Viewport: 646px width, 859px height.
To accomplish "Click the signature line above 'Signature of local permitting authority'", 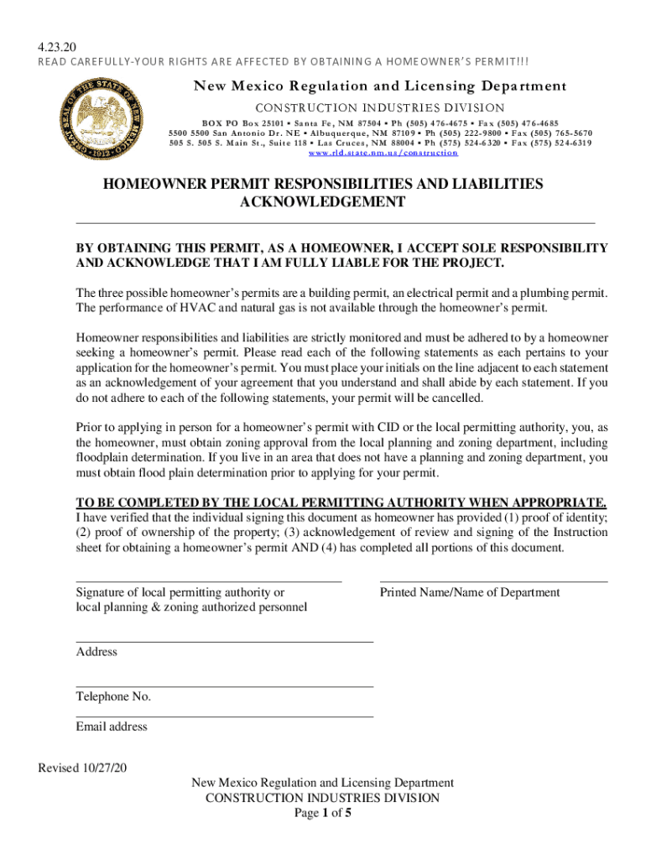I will [208, 580].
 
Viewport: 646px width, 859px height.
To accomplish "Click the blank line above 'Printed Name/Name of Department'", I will [493, 580].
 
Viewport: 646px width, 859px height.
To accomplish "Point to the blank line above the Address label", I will [224, 641].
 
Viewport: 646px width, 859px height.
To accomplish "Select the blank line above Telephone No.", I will [224, 686].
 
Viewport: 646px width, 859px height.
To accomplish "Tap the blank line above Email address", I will [224, 716].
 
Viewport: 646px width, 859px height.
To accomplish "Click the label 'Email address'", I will [112, 726].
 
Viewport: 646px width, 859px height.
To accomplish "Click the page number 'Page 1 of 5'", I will [322, 813].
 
